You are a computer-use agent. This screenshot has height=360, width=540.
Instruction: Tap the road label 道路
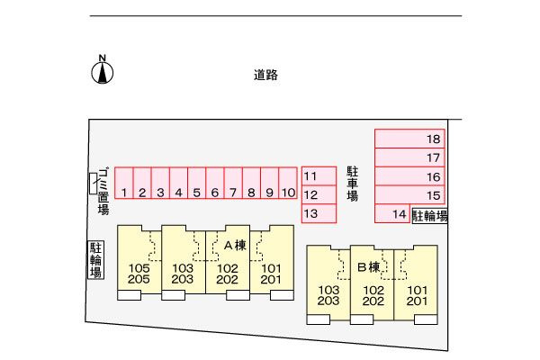tap(265, 75)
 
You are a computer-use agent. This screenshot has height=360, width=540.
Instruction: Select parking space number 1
tap(123, 183)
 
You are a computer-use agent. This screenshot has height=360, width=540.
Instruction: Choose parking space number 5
tap(196, 183)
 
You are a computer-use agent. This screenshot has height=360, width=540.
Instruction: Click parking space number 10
tap(288, 183)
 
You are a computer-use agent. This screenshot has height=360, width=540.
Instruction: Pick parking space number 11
tap(319, 176)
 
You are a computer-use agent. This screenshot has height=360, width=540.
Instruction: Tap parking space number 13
tap(319, 213)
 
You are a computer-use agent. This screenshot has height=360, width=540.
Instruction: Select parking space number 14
tap(392, 213)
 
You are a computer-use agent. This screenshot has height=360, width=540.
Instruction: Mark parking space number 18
tap(409, 139)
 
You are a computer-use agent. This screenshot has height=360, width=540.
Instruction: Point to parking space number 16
tap(409, 176)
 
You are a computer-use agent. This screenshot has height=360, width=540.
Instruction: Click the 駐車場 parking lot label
tap(352, 184)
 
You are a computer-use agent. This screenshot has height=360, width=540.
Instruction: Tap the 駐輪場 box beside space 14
tap(430, 216)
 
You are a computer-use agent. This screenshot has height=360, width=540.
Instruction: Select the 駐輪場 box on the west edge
tap(95, 259)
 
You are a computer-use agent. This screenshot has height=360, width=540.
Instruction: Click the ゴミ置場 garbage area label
tap(103, 191)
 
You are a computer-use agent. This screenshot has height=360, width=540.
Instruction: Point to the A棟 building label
tap(235, 246)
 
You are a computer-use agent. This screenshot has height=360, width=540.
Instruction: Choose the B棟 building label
tap(368, 267)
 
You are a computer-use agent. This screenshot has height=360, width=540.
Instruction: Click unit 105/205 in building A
tap(139, 263)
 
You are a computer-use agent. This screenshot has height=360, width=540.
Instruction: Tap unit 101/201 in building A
tap(272, 263)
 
